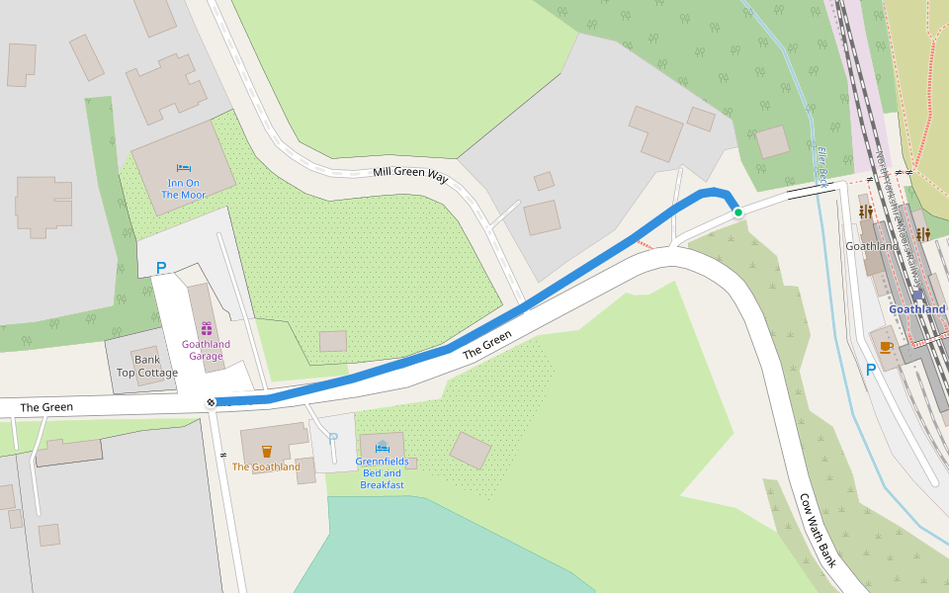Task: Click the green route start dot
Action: (737, 212)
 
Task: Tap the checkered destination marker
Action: (211, 401)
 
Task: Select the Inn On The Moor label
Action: (184, 189)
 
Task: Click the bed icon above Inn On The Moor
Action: (184, 169)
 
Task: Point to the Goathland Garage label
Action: (206, 350)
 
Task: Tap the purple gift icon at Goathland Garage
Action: (206, 328)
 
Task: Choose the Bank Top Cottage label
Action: (147, 367)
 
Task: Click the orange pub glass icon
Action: (266, 452)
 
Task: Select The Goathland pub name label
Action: (266, 466)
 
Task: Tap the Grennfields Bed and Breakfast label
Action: (382, 473)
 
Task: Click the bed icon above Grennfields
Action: (382, 447)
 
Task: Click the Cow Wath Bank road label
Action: (818, 529)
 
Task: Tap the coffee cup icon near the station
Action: (886, 347)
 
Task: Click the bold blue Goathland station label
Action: (917, 309)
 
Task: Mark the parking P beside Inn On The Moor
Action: (161, 267)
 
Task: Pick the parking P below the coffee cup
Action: (871, 370)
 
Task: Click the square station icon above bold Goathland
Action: (917, 294)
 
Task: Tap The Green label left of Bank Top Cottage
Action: (45, 407)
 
